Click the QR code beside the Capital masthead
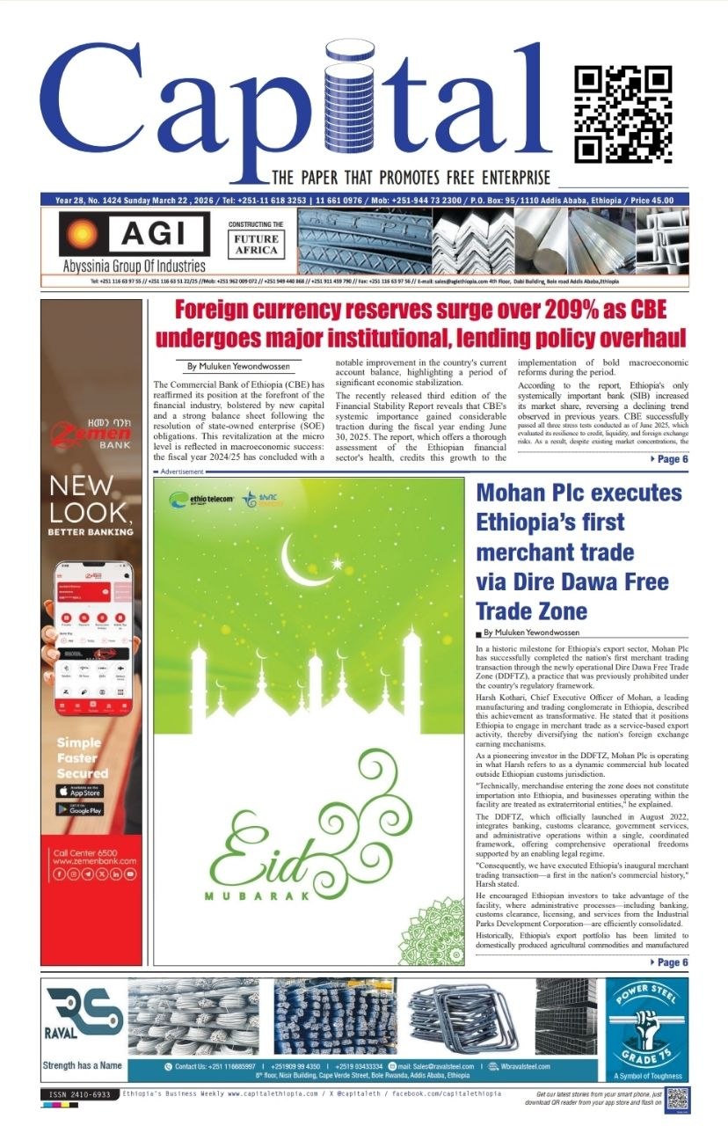623,115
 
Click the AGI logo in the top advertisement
133,234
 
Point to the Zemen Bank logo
91,430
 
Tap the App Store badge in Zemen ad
79,791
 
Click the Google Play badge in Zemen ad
79,809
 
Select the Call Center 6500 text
82,853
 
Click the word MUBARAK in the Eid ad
258,896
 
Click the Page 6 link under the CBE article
669,460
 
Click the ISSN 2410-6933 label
80,1094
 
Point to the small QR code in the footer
677,1100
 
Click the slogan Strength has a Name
82,1066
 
